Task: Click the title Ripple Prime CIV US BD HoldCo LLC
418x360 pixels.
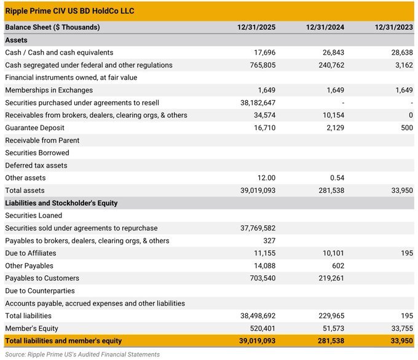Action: (69, 11)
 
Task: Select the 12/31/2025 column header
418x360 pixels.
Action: (256, 27)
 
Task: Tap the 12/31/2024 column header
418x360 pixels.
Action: (325, 27)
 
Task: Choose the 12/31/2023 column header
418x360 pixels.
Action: (394, 27)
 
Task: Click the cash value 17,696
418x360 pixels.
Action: (264, 53)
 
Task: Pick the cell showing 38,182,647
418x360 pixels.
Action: (258, 103)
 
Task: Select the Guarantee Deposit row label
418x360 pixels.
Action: (34, 128)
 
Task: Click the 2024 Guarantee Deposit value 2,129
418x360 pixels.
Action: (334, 128)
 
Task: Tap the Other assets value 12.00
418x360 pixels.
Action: (266, 178)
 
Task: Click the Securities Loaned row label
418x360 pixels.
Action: (33, 216)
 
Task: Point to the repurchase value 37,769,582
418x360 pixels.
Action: (258, 228)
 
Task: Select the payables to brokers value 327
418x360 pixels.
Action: (269, 241)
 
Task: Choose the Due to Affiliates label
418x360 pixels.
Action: (31, 253)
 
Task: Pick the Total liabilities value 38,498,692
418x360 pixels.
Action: (258, 316)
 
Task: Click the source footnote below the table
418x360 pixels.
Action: (82, 354)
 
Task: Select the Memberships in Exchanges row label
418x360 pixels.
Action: (49, 90)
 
